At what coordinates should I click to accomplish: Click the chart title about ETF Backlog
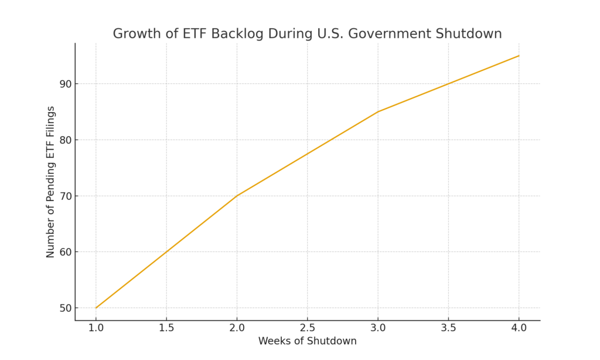tap(307, 33)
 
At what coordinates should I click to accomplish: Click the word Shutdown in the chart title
tap(468, 33)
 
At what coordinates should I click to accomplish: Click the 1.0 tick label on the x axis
tap(96, 328)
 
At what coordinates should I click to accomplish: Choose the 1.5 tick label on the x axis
tap(166, 328)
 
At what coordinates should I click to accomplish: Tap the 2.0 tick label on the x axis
tap(237, 328)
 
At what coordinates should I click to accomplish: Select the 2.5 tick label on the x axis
tap(307, 328)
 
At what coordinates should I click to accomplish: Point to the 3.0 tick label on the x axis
tap(378, 328)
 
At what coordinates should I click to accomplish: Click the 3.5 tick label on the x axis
tap(448, 328)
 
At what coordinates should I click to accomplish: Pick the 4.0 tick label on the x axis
tap(519, 328)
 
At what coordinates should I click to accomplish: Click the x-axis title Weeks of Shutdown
tap(307, 341)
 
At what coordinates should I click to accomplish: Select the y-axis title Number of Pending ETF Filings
tap(50, 182)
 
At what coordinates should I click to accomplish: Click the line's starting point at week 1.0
tap(96, 308)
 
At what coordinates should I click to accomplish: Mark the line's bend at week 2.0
tap(237, 196)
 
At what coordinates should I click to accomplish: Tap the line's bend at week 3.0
tap(378, 111)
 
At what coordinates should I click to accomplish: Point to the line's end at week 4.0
tap(519, 56)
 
